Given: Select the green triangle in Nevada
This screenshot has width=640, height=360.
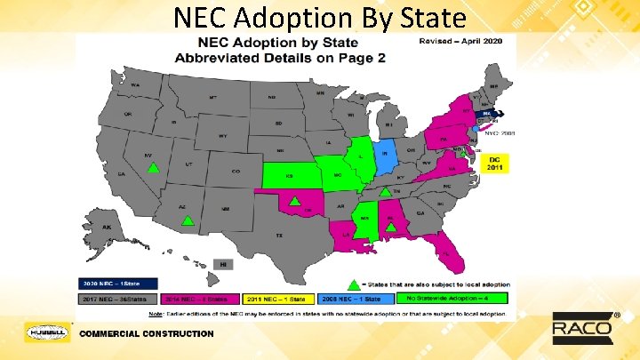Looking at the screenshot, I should pos(153,167).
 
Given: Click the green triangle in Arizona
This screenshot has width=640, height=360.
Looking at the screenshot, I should pos(187,220).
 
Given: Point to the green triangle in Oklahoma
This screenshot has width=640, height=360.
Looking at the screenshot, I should pos(294,201).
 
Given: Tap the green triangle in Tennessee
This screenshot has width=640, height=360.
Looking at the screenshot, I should pos(384,192).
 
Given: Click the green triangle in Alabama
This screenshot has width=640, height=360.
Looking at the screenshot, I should pos(390,228).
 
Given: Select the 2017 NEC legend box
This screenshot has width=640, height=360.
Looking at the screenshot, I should pos(115,300).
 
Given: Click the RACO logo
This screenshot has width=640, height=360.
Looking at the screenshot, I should pos(582,328).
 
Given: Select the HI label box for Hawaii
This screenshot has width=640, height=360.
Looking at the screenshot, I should pos(224,264).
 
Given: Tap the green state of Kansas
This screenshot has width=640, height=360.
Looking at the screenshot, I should pos(290,176).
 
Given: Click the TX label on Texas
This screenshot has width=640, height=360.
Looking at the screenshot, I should pos(279,235).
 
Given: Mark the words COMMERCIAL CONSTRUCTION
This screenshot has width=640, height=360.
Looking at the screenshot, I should pos(147,333).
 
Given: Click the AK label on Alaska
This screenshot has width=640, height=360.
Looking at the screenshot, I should pos(107,228).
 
